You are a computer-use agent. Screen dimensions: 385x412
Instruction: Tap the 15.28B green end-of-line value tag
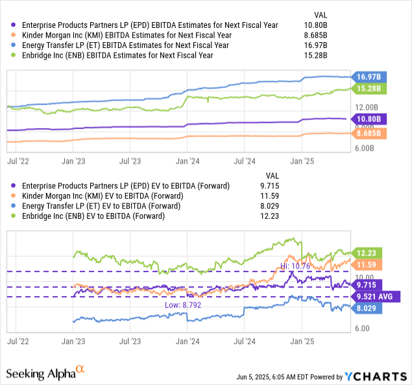368,88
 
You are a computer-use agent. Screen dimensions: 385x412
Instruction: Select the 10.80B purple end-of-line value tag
368,119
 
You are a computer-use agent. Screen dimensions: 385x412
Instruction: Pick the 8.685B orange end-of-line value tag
368,133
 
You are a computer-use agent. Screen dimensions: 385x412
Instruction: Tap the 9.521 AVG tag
373,297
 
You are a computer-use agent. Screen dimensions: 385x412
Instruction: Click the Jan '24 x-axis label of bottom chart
188,340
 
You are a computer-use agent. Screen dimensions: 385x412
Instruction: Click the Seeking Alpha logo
45,373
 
